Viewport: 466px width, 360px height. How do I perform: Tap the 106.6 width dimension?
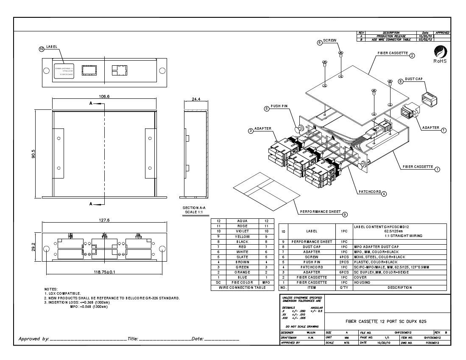tap(104, 96)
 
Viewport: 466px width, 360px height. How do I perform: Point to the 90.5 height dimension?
tap(33, 153)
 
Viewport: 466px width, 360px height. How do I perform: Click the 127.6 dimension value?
tap(104, 220)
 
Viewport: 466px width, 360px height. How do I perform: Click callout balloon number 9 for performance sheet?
tap(345, 215)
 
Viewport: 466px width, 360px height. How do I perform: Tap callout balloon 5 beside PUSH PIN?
tap(267, 109)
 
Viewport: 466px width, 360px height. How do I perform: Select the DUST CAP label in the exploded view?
tap(413, 79)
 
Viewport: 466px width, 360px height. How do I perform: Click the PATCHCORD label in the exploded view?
tap(370, 192)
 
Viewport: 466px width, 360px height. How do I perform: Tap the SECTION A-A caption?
tap(194, 208)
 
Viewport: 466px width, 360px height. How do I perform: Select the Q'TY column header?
tap(344, 287)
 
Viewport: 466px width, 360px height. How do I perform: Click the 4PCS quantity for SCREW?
tap(344, 257)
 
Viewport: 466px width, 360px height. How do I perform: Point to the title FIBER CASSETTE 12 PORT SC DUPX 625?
tap(385, 321)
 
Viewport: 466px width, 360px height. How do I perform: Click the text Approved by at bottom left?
tap(33, 339)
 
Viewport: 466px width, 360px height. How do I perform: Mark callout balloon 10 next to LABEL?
tap(42, 49)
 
